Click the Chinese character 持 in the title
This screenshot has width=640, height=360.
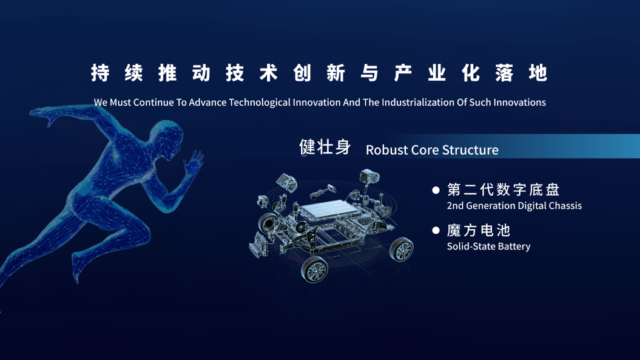pyautogui.click(x=100, y=73)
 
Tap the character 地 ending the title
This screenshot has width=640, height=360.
pyautogui.click(x=537, y=73)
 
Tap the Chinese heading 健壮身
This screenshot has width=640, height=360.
pyautogui.click(x=325, y=147)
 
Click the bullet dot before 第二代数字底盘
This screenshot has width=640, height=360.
pyautogui.click(x=436, y=190)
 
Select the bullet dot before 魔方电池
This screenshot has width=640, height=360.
pyautogui.click(x=436, y=231)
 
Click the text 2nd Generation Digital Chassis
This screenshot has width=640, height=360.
pyautogui.click(x=514, y=206)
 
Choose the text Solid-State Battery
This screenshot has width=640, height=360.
pyautogui.click(x=488, y=246)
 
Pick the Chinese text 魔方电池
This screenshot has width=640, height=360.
pyautogui.click(x=479, y=231)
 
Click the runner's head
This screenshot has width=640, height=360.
pyautogui.click(x=167, y=139)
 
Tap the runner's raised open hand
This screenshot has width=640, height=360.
pyautogui.click(x=194, y=163)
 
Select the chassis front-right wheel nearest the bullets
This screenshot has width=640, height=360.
pyautogui.click(x=402, y=250)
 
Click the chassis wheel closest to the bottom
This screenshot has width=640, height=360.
pyautogui.click(x=314, y=270)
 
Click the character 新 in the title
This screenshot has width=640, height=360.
pyautogui.click(x=335, y=73)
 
